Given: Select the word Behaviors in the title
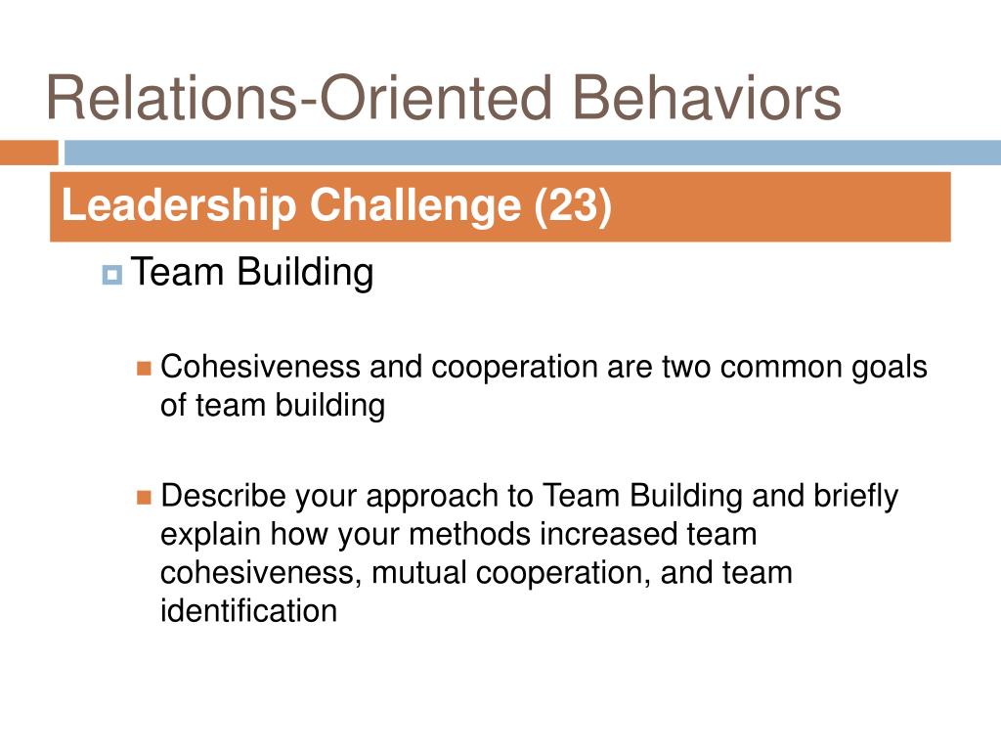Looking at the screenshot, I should (707, 99).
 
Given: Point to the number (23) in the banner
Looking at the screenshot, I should (573, 206).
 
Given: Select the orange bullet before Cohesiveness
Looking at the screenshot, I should (145, 369).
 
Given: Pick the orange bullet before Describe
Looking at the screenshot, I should (145, 498).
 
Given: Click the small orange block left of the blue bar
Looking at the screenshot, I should (28, 153).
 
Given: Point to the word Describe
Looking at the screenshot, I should (224, 497).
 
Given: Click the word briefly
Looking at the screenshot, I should (855, 497).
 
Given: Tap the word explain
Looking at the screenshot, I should (211, 536).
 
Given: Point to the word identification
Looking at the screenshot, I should (248, 611).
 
